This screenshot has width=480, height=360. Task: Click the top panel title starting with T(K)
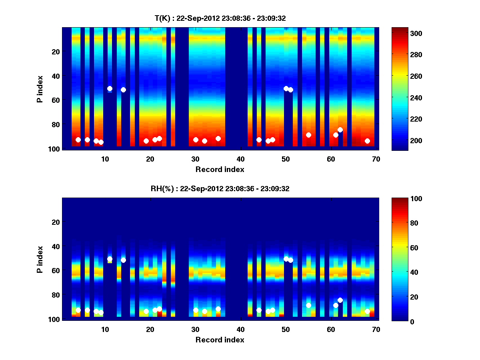[x=220, y=18]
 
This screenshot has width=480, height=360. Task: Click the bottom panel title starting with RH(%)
[x=220, y=188]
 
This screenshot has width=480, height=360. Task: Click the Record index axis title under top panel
[x=220, y=169]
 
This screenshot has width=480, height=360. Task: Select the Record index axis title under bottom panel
[x=220, y=340]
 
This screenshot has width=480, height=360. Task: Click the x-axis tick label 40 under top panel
[x=240, y=159]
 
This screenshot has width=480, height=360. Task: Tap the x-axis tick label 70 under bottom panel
[x=376, y=329]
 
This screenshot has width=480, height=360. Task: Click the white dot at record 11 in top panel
[x=110, y=88]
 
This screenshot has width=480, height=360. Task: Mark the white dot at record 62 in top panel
[x=340, y=130]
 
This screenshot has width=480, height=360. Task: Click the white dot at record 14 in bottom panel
[x=123, y=260]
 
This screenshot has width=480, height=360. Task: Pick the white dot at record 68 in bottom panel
[x=367, y=311]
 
